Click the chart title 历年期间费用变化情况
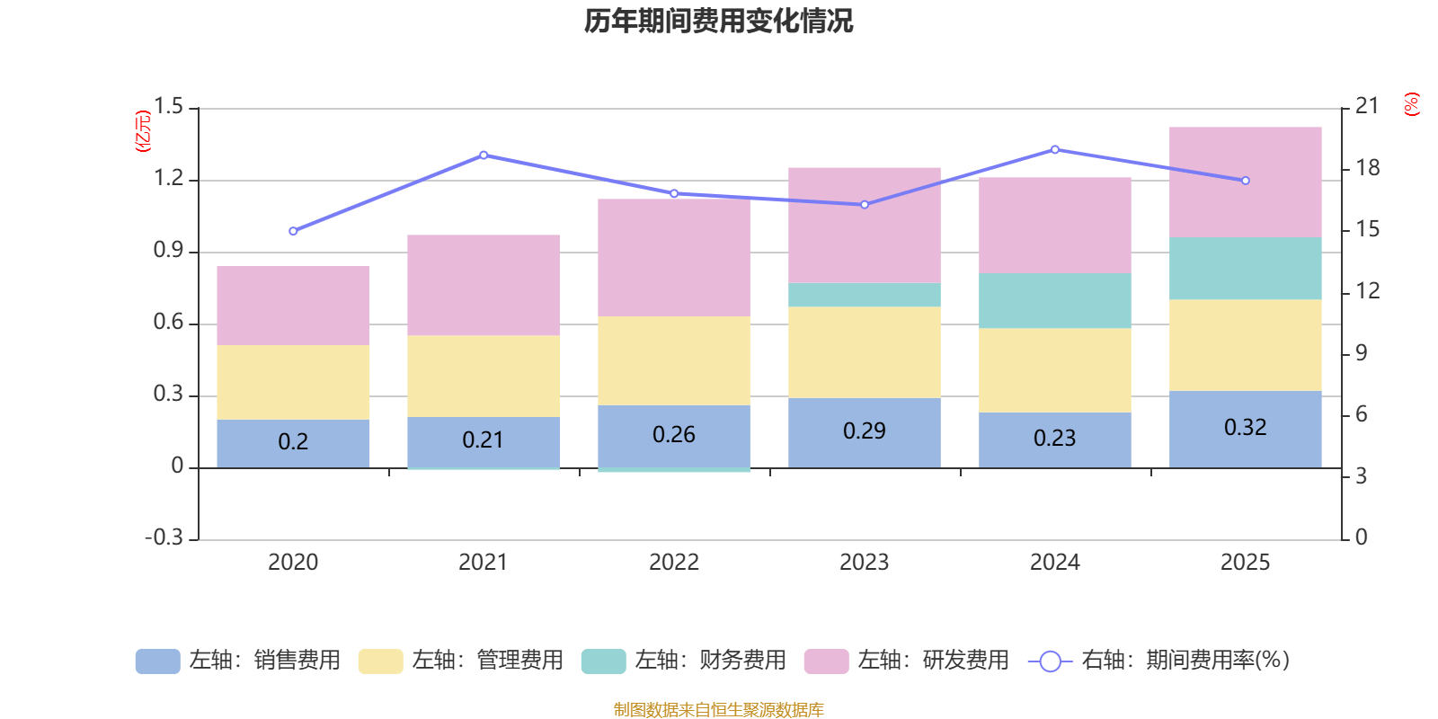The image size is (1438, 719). point(718,21)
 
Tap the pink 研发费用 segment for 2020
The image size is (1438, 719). point(293,306)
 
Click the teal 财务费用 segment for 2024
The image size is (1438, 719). point(1054,300)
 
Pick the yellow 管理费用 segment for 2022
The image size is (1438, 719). point(674,360)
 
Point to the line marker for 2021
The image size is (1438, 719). point(484,155)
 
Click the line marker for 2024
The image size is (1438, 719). point(1054,150)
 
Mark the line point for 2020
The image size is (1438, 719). point(293,231)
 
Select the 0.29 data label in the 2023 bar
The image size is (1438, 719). point(864,431)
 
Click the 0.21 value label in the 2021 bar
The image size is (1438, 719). point(483,440)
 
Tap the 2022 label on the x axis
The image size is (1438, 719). point(674,563)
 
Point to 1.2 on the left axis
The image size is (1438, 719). point(168,179)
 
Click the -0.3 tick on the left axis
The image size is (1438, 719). point(164,537)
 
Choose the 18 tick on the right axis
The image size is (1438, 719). point(1367,168)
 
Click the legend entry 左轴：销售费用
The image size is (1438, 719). point(238,661)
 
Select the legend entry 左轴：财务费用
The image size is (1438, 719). point(684,661)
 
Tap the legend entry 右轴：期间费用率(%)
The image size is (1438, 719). point(1159,661)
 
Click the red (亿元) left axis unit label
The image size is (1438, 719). point(143,131)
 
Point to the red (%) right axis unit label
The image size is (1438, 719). point(1411,104)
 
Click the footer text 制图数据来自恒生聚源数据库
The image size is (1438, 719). point(718,710)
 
